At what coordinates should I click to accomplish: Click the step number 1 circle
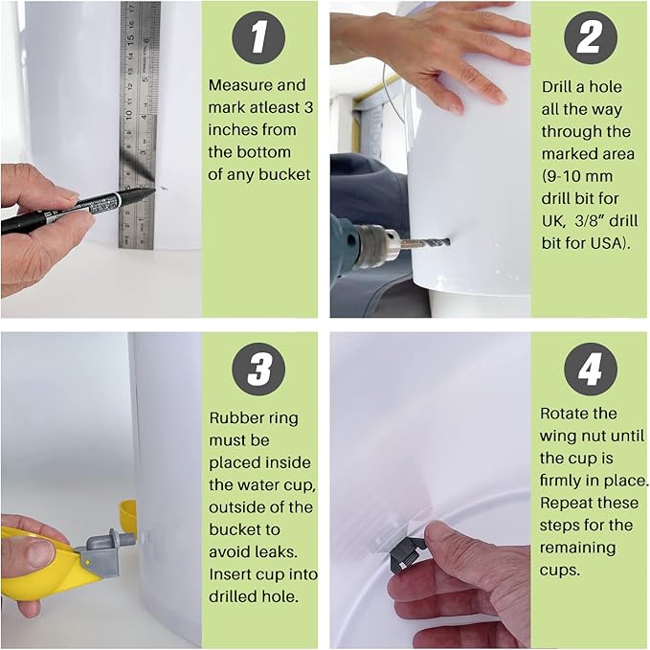point(258,37)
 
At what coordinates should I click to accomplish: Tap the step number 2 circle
point(591,37)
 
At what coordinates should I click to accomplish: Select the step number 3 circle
point(258,369)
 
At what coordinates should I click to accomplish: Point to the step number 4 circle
point(591,369)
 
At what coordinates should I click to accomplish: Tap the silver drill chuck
point(376,245)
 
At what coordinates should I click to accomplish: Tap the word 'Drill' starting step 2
point(557,87)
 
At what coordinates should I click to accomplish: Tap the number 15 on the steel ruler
point(130,38)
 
